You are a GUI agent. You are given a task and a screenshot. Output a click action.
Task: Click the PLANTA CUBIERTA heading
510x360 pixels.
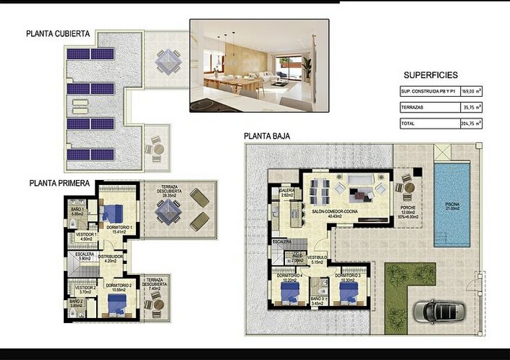(58, 33)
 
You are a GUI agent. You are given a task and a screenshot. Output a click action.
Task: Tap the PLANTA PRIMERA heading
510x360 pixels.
(59, 184)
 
